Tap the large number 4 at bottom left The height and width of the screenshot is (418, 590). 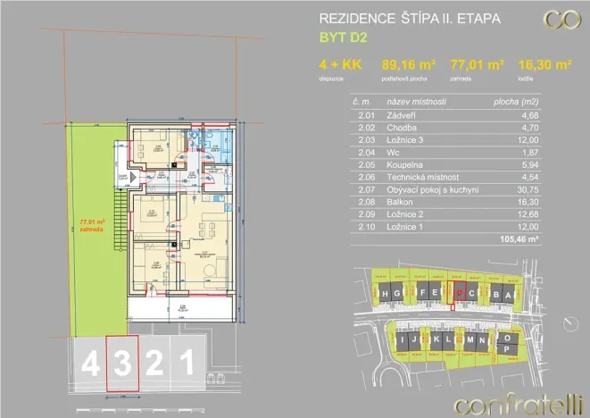pyautogui.click(x=91, y=364)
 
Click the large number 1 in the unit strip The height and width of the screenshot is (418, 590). pyautogui.click(x=187, y=364)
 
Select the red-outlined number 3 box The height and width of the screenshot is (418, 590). pyautogui.click(x=123, y=363)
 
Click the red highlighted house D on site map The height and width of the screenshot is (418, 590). pyautogui.click(x=459, y=292)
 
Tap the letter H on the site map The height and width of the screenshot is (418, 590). pyautogui.click(x=383, y=293)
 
